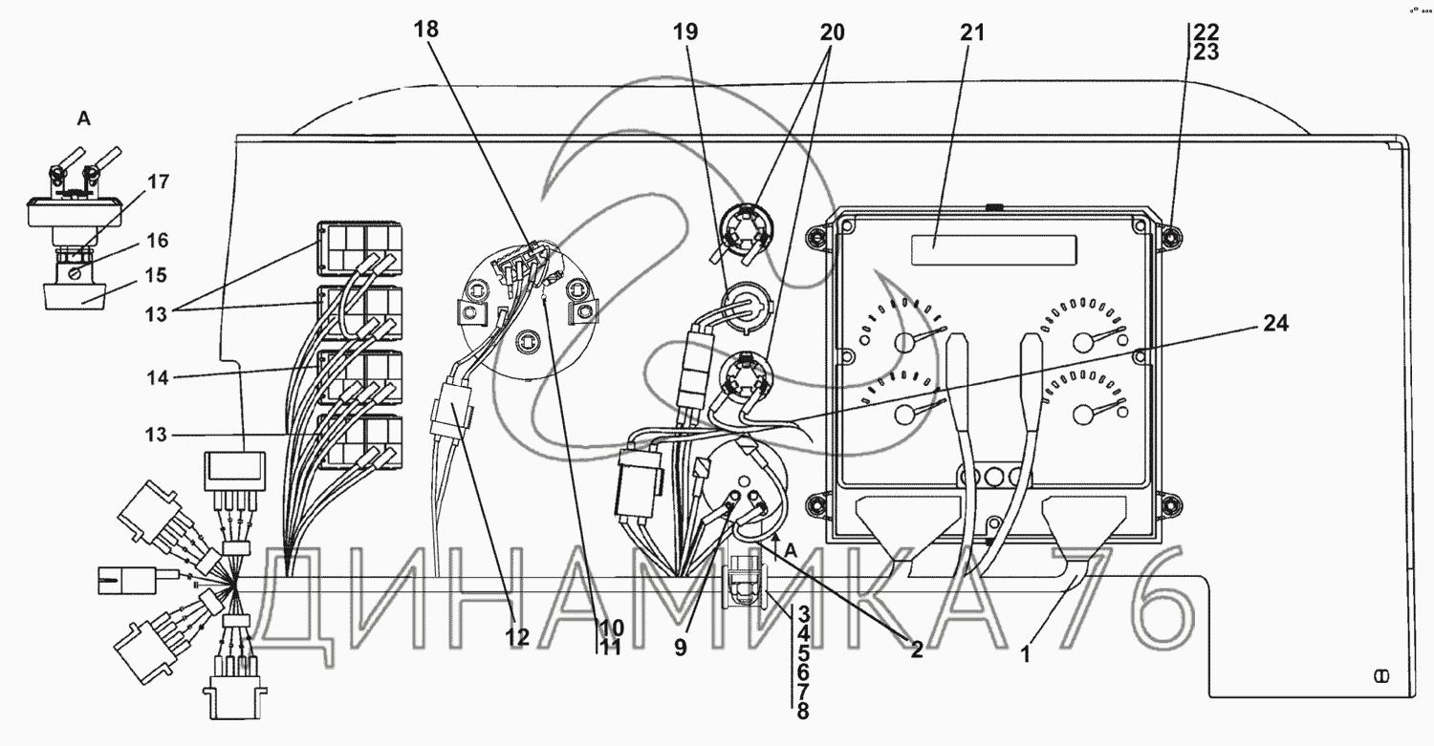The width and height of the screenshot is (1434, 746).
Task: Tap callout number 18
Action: point(425,30)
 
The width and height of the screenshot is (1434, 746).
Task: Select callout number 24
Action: point(1275,325)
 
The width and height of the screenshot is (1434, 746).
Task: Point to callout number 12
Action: point(517,636)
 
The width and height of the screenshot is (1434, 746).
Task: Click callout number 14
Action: point(159,378)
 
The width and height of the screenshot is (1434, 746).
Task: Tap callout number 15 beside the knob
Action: point(156,275)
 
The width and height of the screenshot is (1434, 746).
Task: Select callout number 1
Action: point(1025,654)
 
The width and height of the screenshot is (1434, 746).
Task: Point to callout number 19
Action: point(684,32)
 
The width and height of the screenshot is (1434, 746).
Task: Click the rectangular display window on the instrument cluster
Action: point(993,250)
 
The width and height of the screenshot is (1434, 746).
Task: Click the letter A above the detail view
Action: point(84,120)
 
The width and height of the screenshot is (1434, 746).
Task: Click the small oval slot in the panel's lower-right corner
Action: point(1380,676)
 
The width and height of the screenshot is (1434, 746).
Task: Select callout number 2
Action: point(916,650)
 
